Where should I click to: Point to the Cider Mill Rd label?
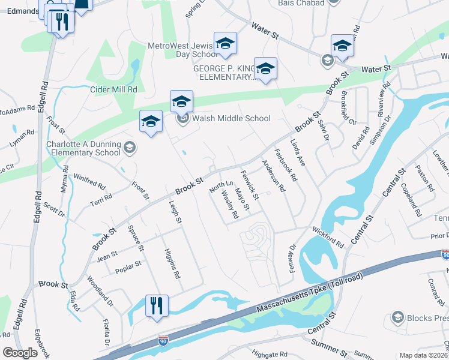click(x=113, y=89)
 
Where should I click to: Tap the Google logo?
click(x=20, y=352)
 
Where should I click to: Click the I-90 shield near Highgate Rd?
click(x=163, y=341)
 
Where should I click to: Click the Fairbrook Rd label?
click(x=286, y=166)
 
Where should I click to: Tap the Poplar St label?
click(x=128, y=264)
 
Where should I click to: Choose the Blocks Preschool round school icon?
click(x=397, y=316)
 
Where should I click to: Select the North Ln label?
click(x=216, y=187)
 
